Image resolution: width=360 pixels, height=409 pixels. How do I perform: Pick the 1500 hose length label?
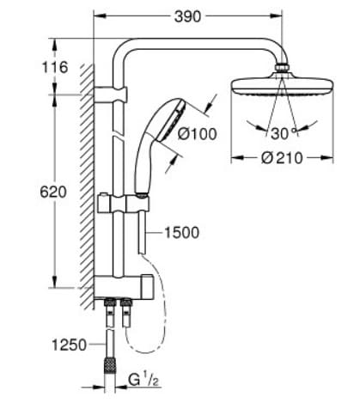coord(180,232)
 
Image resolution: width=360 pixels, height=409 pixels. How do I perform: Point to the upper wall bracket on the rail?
coord(113,89)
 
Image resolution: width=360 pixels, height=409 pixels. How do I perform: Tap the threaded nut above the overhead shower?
coord(280,68)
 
